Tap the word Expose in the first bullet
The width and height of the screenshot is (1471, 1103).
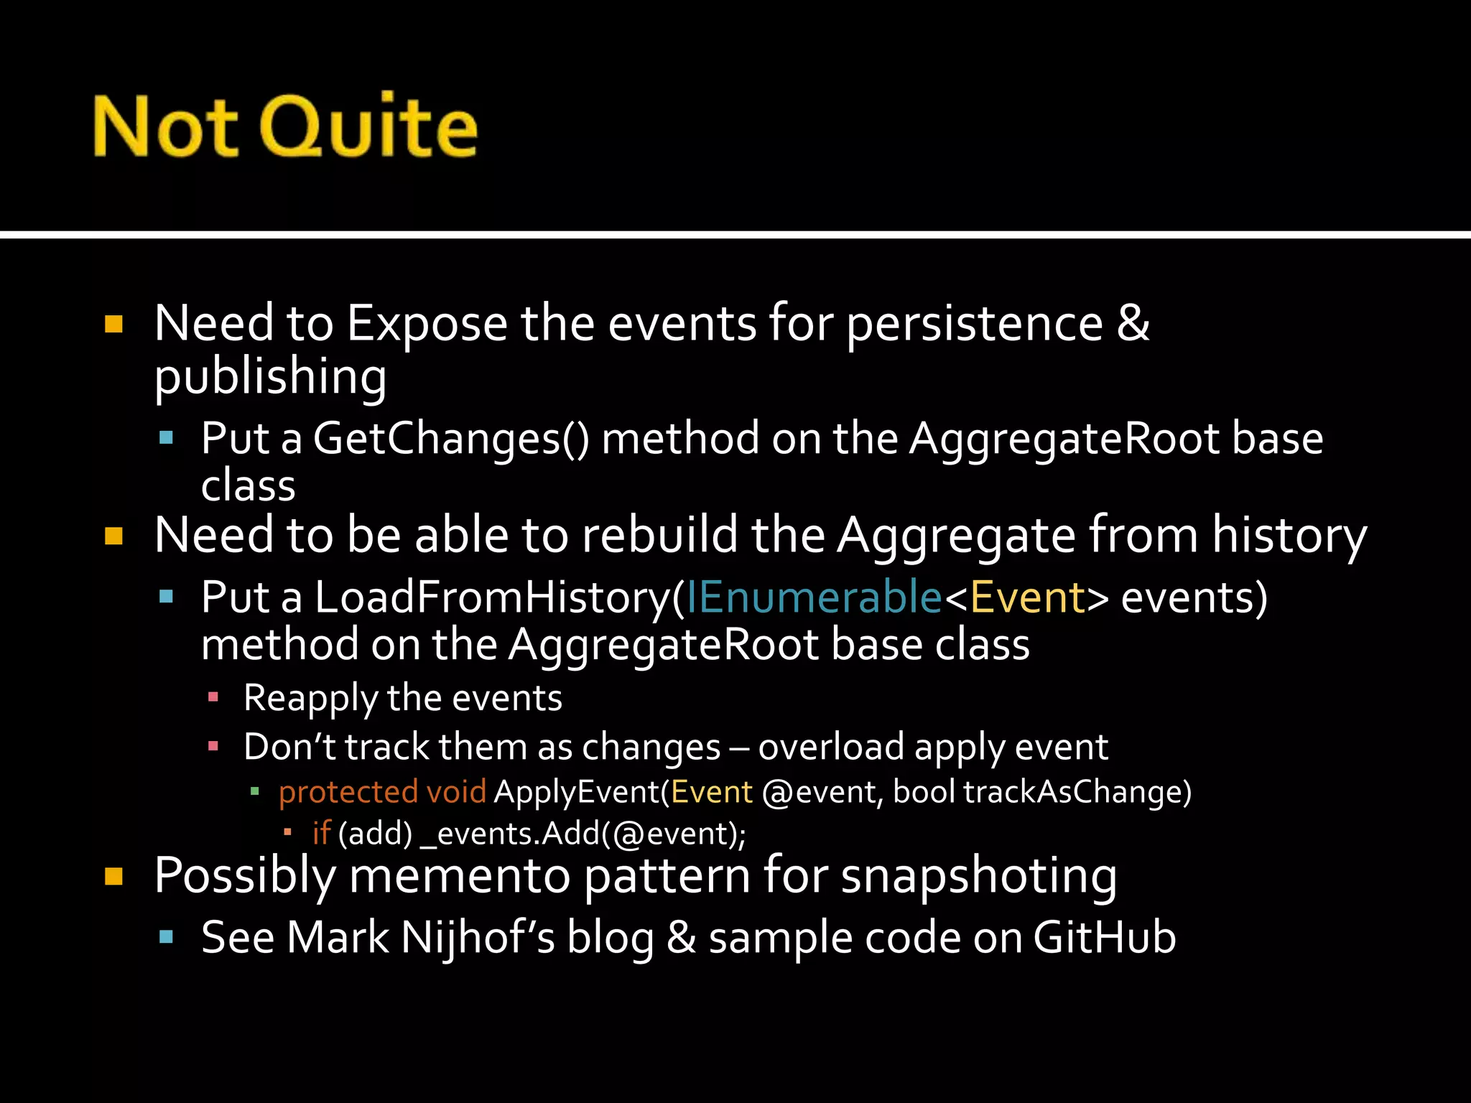coord(427,324)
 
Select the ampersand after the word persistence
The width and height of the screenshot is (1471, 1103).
coord(1133,322)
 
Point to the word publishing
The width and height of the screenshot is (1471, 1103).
coord(270,376)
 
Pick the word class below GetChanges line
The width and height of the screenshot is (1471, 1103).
coord(248,486)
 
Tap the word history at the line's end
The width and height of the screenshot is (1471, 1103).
coord(1289,535)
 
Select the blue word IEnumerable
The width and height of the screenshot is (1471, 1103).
coord(813,597)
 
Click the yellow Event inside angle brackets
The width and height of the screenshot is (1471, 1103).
coord(1028,597)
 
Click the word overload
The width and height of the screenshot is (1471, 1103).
coord(831,747)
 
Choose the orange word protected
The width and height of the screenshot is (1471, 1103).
coord(348,792)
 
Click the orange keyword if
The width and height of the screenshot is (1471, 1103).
coord(321,834)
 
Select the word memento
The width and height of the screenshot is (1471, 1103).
coord(460,875)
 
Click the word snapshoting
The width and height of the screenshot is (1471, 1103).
coord(978,875)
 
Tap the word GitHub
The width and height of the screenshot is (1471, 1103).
coord(1105,938)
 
